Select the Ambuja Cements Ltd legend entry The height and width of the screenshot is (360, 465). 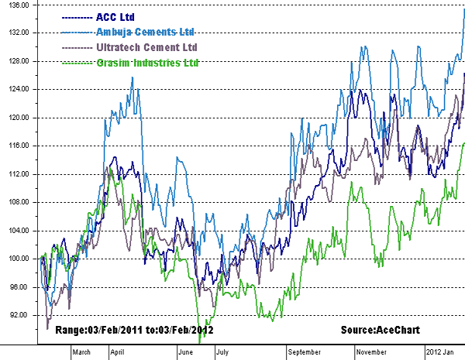pyautogui.click(x=144, y=32)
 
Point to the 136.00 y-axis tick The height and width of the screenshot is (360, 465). pyautogui.click(x=18, y=5)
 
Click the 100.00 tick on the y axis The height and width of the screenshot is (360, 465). pyautogui.click(x=18, y=259)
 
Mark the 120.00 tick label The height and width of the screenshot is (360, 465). pyautogui.click(x=18, y=118)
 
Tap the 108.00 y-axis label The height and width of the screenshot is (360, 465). pyautogui.click(x=18, y=202)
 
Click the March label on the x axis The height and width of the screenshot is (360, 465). pyautogui.click(x=81, y=352)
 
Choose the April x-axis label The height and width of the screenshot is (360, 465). pyautogui.click(x=118, y=352)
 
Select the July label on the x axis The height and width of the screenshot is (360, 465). pyautogui.click(x=222, y=352)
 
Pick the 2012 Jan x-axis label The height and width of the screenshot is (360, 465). pyautogui.click(x=441, y=352)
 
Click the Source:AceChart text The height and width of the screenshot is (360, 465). pyautogui.click(x=380, y=331)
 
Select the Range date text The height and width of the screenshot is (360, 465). pyautogui.click(x=134, y=331)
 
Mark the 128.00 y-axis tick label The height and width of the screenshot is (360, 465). pyautogui.click(x=18, y=61)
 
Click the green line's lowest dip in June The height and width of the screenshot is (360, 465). pyautogui.click(x=200, y=339)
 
